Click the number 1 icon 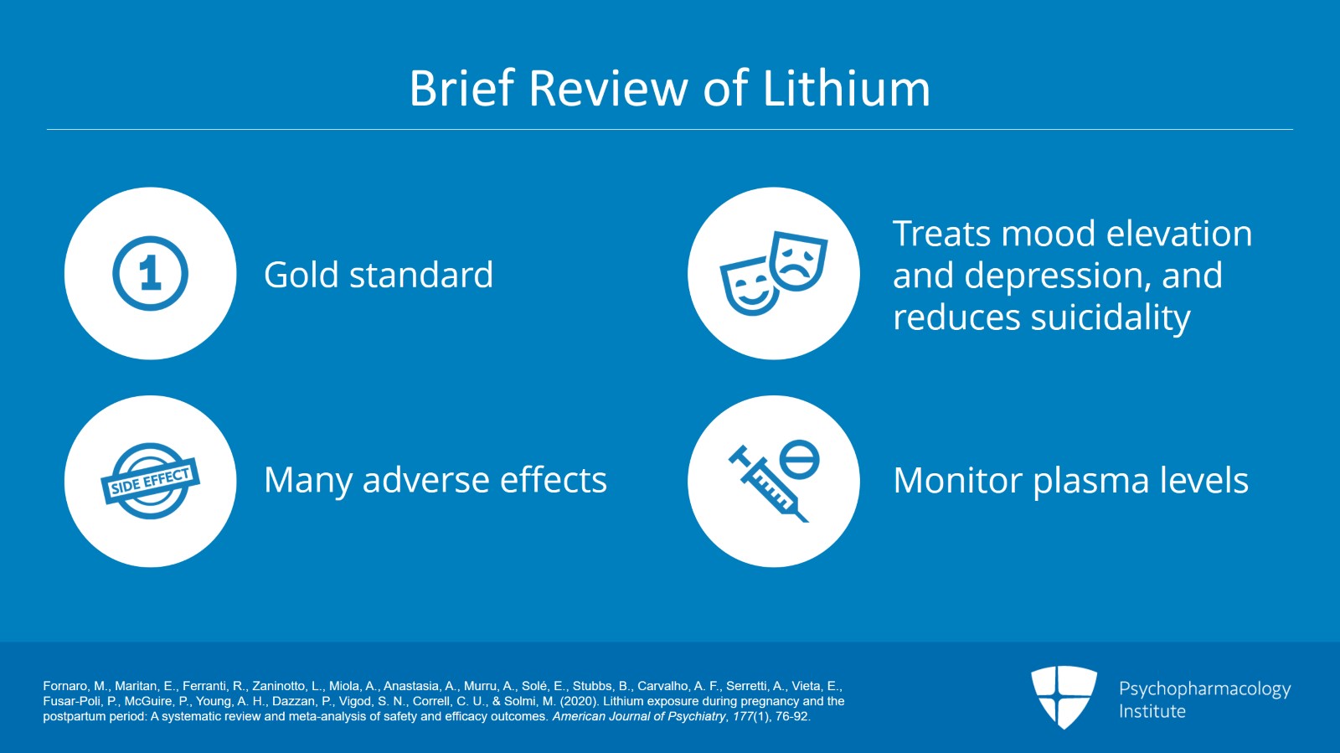151,273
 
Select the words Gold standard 378,275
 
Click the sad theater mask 798,260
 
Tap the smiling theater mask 748,287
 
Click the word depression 1057,276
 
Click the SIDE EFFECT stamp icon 151,481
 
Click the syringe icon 766,485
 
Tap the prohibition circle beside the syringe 799,459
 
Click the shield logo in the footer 1064,697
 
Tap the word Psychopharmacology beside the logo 1204,689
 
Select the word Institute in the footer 1152,711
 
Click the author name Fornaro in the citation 64,686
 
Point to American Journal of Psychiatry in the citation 638,716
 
